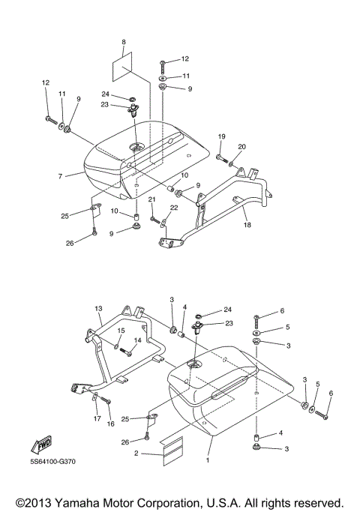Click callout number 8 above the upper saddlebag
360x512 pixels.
[x=124, y=41]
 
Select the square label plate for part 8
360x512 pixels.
[x=124, y=67]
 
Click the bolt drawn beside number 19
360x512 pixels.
[x=223, y=159]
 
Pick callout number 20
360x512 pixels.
[x=241, y=146]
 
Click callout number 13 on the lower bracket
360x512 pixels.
[x=97, y=308]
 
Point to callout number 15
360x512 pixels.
[x=120, y=331]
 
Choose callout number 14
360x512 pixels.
[x=137, y=341]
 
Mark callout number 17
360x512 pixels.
[x=97, y=418]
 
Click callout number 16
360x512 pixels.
[x=111, y=424]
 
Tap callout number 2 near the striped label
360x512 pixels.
[x=136, y=454]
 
